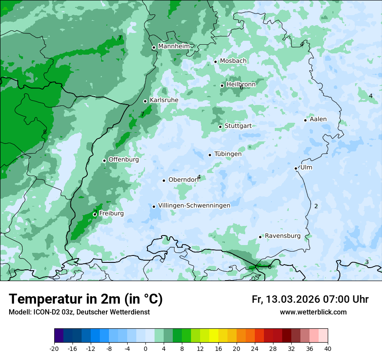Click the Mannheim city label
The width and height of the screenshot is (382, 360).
click(174, 46)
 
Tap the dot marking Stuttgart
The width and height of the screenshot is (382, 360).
click(221, 127)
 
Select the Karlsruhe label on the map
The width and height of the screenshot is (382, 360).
click(164, 100)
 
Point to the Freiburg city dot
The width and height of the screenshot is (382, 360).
click(95, 214)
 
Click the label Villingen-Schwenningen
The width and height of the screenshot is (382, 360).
click(194, 206)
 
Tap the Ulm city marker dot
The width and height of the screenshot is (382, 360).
click(296, 168)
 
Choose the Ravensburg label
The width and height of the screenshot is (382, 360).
click(283, 236)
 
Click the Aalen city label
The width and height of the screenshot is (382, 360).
click(318, 119)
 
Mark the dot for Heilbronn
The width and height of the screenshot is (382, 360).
click(222, 85)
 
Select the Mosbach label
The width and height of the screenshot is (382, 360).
click(233, 61)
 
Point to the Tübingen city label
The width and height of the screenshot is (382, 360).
click(228, 154)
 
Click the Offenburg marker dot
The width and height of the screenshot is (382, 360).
click(105, 160)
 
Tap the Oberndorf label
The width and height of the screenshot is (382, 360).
click(183, 180)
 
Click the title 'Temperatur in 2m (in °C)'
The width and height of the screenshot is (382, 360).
click(86, 299)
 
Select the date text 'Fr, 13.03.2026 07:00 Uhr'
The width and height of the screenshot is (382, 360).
click(310, 299)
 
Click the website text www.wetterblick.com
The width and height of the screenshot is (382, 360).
click(313, 312)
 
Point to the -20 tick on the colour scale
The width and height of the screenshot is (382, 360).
click(54, 349)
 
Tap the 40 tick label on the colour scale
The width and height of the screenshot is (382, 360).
click(327, 349)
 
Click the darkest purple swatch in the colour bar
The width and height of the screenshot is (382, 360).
click(59, 336)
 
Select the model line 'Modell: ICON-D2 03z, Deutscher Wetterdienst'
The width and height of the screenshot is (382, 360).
click(79, 312)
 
